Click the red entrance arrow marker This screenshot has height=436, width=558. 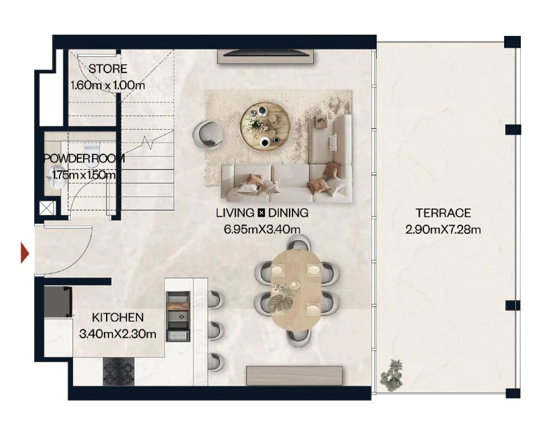[25, 252]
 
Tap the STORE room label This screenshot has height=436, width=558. [108, 69]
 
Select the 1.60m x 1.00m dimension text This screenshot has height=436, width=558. [108, 85]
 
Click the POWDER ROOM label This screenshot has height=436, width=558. [84, 159]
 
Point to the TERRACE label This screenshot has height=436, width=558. [443, 213]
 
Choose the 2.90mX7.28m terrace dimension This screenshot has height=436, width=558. [443, 229]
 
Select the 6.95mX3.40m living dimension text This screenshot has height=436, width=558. [262, 229]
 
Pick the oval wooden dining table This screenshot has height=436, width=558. [296, 288]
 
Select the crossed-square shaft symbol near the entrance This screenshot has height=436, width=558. [47, 208]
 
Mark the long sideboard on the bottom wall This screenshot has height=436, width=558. [294, 376]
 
